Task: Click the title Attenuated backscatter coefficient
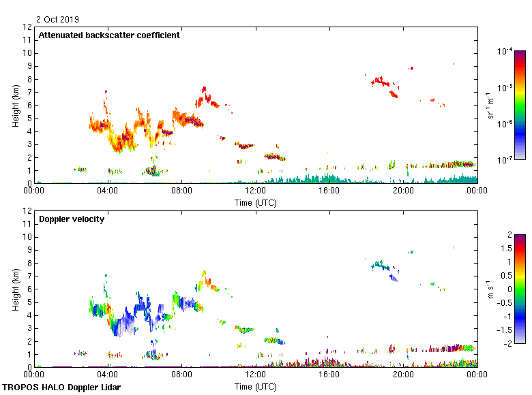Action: (x=109, y=35)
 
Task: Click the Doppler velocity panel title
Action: (x=72, y=219)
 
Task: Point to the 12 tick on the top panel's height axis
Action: (x=27, y=27)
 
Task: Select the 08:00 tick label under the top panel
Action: (x=181, y=191)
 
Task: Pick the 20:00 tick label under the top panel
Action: (x=403, y=191)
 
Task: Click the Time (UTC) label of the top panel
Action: (x=256, y=202)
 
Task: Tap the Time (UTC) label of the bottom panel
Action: (x=256, y=386)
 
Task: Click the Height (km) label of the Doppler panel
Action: (x=15, y=289)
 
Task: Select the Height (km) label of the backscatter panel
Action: (x=15, y=105)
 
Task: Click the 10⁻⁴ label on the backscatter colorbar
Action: (x=505, y=51)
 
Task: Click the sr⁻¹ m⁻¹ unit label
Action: (x=491, y=105)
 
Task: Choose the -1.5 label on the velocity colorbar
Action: (x=505, y=329)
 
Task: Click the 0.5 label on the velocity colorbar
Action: (x=506, y=276)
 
